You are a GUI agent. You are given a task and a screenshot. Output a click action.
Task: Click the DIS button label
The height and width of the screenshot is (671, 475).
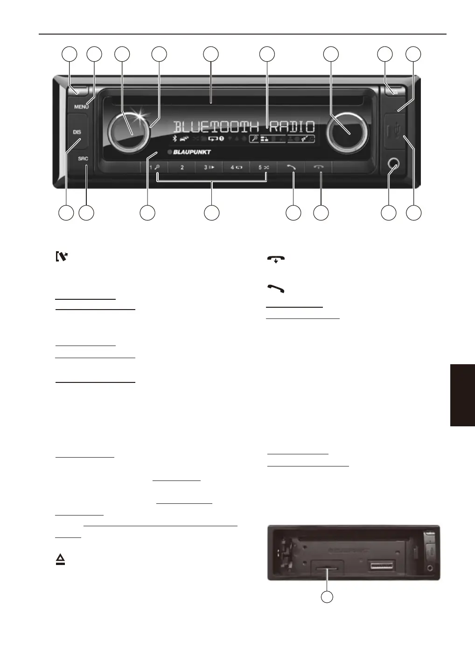pyautogui.click(x=77, y=132)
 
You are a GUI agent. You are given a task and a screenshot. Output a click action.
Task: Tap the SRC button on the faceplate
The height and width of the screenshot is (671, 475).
pyautogui.click(x=83, y=158)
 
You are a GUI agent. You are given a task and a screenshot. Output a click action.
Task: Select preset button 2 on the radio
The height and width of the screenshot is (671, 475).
pyautogui.click(x=182, y=168)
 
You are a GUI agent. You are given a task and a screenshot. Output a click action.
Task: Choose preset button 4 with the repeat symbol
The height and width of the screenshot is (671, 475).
pyautogui.click(x=236, y=168)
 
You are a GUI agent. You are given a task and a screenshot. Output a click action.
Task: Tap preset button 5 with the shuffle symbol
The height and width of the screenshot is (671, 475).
pyautogui.click(x=263, y=168)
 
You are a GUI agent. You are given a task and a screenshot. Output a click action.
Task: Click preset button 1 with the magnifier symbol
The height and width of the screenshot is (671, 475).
pyautogui.click(x=154, y=168)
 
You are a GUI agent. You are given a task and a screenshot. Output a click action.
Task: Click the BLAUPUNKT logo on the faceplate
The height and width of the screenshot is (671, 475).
pyautogui.click(x=192, y=152)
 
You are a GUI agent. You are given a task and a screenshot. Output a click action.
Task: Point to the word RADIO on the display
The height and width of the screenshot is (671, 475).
pyautogui.click(x=292, y=127)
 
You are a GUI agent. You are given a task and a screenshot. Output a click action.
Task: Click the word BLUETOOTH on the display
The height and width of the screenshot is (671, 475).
pyautogui.click(x=216, y=127)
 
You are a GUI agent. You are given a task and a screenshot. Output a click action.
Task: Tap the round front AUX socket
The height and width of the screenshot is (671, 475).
pyautogui.click(x=393, y=164)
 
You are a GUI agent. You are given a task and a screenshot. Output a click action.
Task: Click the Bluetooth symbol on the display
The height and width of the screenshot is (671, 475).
pyautogui.click(x=175, y=138)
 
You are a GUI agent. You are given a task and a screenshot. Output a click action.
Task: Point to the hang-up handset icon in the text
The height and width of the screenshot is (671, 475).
pyautogui.click(x=276, y=259)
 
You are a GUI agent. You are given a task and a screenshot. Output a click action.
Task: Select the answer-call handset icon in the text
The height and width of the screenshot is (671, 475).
pyautogui.click(x=276, y=289)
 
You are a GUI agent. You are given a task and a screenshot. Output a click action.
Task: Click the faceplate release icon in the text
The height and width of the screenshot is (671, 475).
pyautogui.click(x=62, y=256)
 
